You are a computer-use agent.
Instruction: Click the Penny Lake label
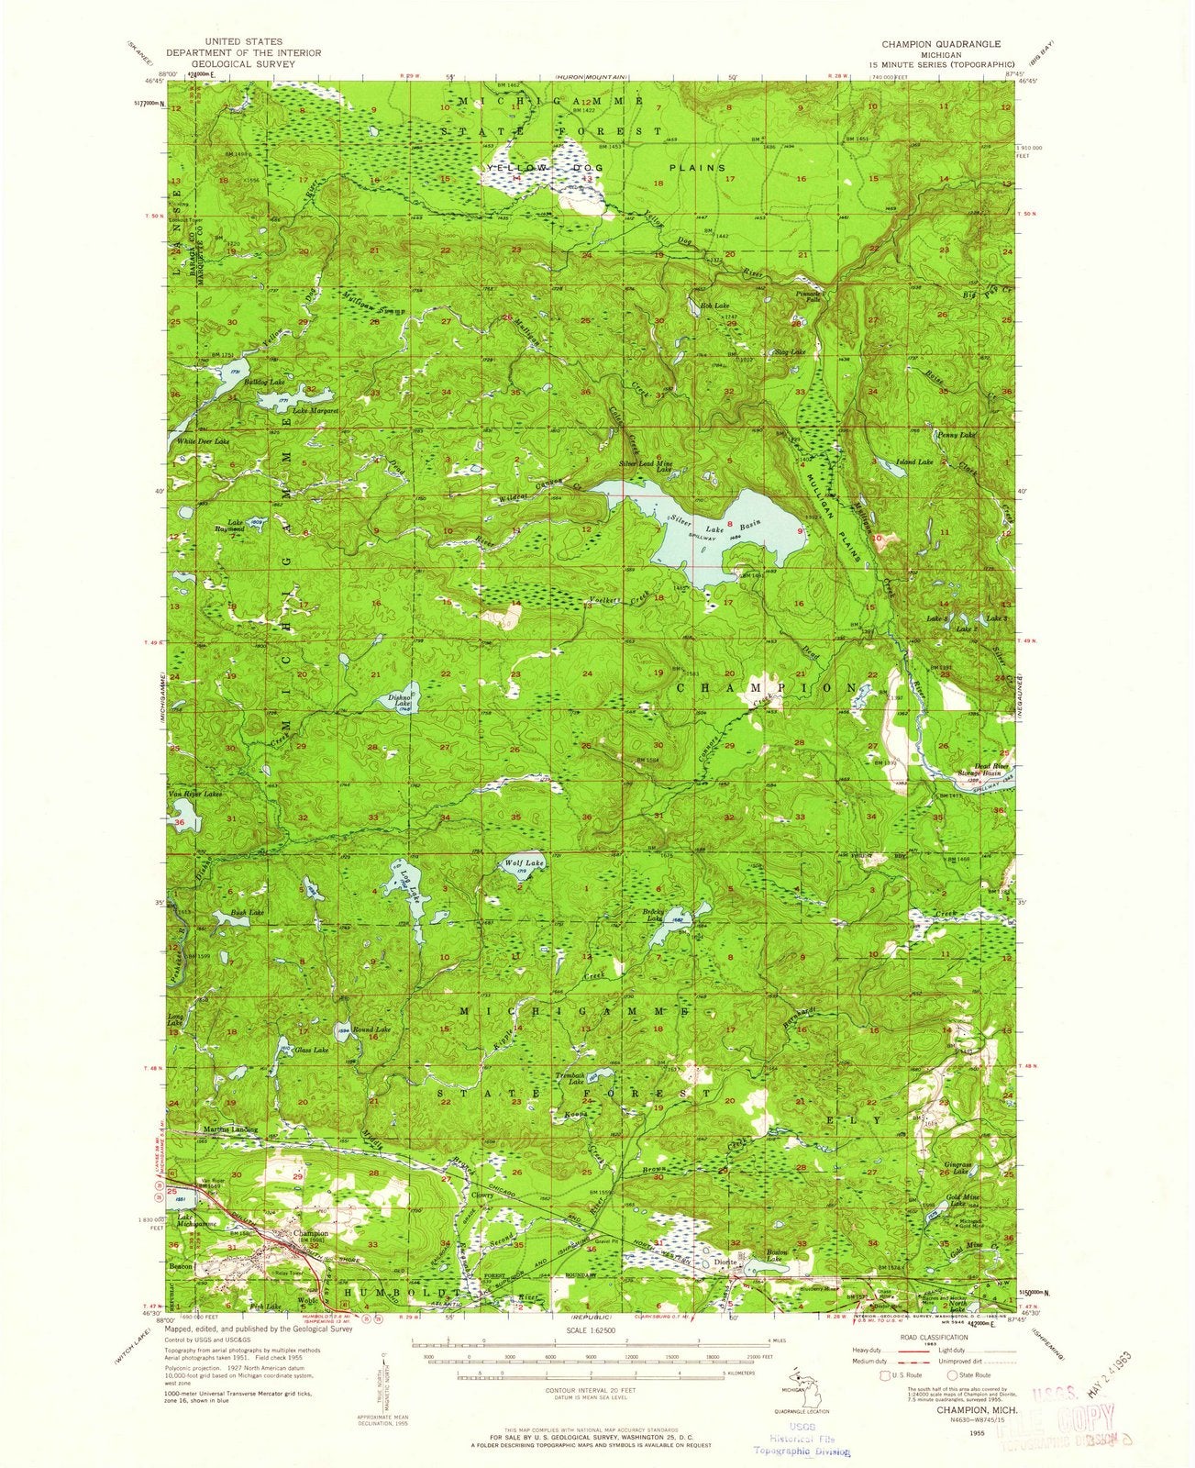[x=955, y=434]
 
